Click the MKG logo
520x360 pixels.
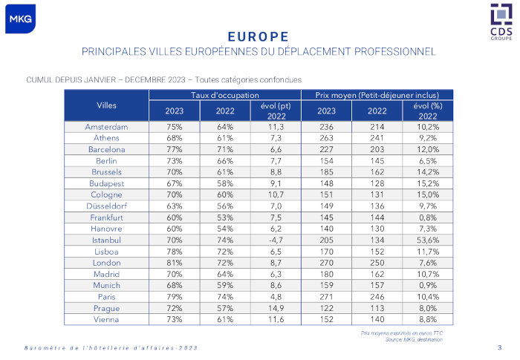pyautogui.click(x=20, y=19)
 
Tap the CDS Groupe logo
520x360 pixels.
pyautogui.click(x=501, y=22)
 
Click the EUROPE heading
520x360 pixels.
pyautogui.click(x=258, y=36)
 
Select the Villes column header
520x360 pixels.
pyautogui.click(x=106, y=105)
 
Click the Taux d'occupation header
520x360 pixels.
pyautogui.click(x=225, y=95)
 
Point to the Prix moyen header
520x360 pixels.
pyautogui.click(x=377, y=95)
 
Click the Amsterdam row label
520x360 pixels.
pyautogui.click(x=106, y=127)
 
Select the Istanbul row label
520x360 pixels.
pyautogui.click(x=106, y=240)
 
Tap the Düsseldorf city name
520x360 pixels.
pyautogui.click(x=106, y=206)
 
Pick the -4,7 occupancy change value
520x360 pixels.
pyautogui.click(x=276, y=240)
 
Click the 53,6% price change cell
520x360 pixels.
pyautogui.click(x=428, y=240)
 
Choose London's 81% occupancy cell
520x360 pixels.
pyautogui.click(x=175, y=263)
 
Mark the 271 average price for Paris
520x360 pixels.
pyautogui.click(x=327, y=297)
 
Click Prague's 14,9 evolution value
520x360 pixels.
pyautogui.click(x=276, y=308)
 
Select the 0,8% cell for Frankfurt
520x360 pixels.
pyautogui.click(x=428, y=217)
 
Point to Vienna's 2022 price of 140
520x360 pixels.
pyautogui.click(x=377, y=319)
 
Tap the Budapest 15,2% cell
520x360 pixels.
pyautogui.click(x=428, y=183)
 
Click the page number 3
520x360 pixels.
pyautogui.click(x=499, y=347)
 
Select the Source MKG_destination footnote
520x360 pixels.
pyautogui.click(x=414, y=339)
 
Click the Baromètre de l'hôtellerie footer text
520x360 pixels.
pyautogui.click(x=111, y=348)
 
